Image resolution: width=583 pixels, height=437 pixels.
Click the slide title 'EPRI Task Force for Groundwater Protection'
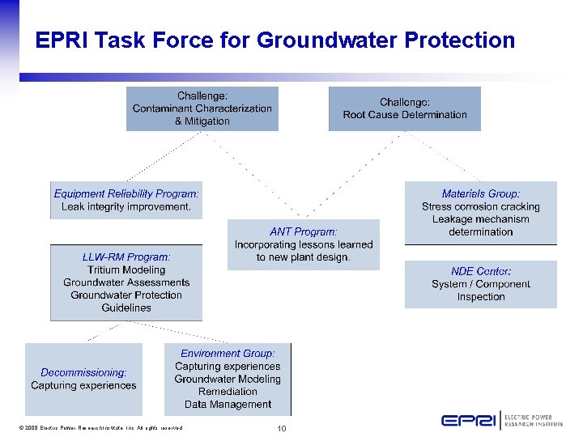[274, 40]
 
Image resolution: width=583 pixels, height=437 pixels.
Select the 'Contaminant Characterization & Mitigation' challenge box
[202, 108]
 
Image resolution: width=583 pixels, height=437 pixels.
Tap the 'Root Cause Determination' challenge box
[404, 108]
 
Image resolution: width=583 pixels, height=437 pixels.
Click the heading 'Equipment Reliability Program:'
[126, 194]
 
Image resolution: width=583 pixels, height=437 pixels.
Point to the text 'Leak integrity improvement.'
[126, 207]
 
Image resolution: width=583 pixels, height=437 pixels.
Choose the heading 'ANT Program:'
[304, 231]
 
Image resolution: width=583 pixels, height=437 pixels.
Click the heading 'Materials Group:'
[480, 194]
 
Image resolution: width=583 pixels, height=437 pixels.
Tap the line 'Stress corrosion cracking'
[480, 207]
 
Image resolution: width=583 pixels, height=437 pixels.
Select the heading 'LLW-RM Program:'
[126, 257]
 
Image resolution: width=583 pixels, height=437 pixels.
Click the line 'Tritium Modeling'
[126, 270]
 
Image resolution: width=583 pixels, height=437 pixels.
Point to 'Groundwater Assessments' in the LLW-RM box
[126, 282]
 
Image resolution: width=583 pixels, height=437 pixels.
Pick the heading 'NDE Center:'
[480, 271]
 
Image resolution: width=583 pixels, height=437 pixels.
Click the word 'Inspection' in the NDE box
[480, 297]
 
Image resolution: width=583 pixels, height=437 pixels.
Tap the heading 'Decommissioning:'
[83, 373]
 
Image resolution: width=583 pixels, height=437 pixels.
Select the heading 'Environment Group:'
[228, 354]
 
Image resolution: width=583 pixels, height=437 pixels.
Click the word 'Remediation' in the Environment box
[228, 392]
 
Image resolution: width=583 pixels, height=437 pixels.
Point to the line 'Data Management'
[228, 405]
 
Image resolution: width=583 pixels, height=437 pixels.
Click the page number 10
[282, 428]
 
